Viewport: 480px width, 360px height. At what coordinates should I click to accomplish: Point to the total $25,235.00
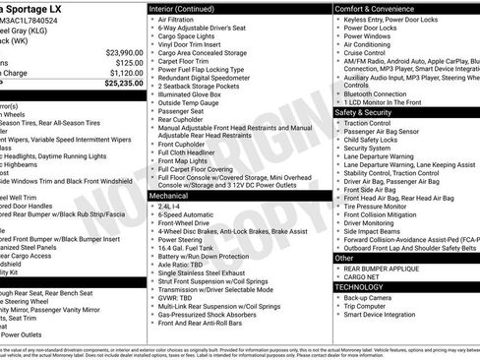(x=122, y=84)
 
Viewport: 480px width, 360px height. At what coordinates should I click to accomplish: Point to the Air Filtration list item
(x=175, y=20)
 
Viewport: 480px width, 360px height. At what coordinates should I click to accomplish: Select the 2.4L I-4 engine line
(x=174, y=208)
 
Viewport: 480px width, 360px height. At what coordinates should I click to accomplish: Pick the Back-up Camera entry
(x=371, y=298)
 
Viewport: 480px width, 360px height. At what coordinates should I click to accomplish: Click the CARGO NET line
(x=363, y=277)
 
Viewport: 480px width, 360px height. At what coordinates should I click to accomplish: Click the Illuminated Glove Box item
(x=193, y=93)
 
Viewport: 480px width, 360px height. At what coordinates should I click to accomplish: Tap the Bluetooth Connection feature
(x=382, y=93)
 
